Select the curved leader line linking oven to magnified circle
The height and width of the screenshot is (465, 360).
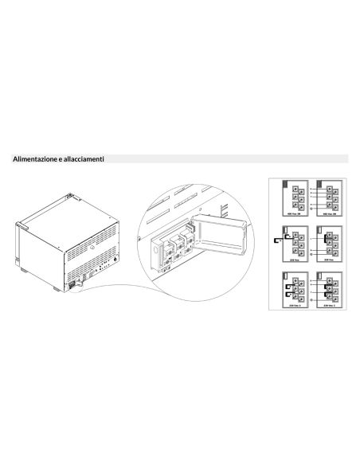click(x=119, y=287)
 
